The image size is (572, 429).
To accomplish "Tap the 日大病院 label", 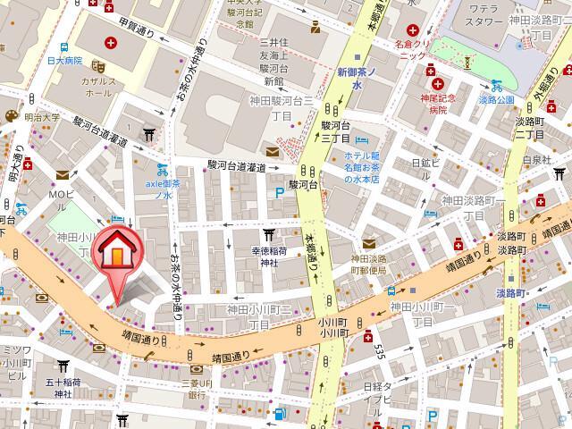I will click(x=64, y=61).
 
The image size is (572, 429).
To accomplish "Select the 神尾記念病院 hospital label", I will click(x=431, y=102).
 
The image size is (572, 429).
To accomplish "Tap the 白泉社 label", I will click(x=536, y=159).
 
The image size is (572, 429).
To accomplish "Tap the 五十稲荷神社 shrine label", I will click(x=63, y=387).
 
